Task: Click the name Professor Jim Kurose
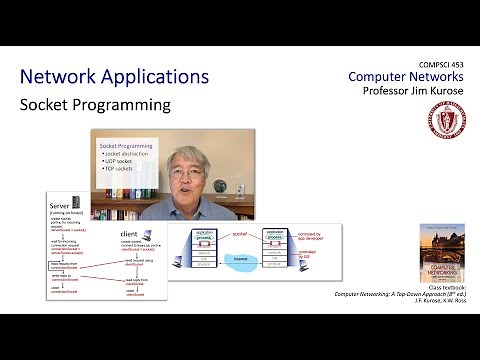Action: click(x=410, y=92)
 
